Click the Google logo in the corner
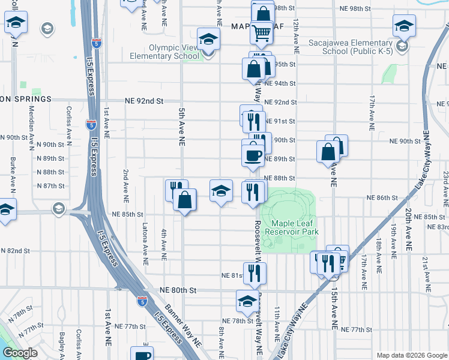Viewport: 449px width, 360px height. click(x=20, y=353)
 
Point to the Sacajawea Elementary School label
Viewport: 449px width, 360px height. click(x=350, y=47)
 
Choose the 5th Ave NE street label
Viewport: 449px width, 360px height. click(x=181, y=127)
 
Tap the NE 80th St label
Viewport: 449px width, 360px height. click(x=179, y=290)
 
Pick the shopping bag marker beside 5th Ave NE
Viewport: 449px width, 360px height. click(x=185, y=200)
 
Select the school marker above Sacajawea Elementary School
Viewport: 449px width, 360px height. click(x=405, y=25)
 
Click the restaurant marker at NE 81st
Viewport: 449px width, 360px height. click(x=255, y=273)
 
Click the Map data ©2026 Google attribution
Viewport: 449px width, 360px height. click(x=411, y=355)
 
